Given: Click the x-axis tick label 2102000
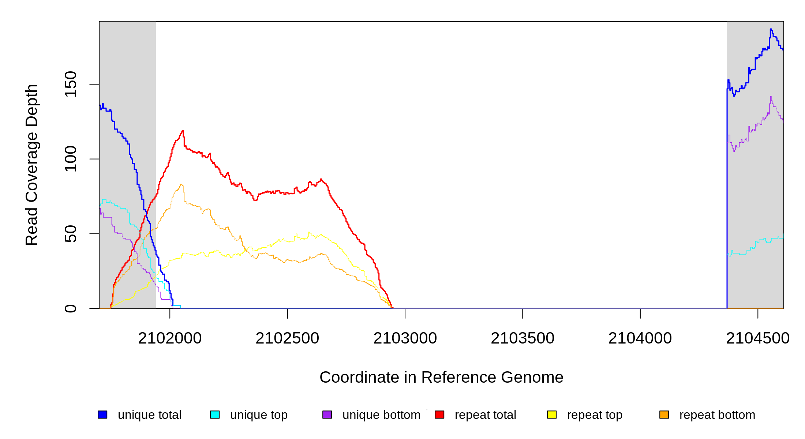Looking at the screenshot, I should tap(170, 338).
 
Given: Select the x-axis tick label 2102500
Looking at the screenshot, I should tap(287, 338).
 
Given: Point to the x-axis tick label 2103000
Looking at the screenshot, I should tap(405, 338).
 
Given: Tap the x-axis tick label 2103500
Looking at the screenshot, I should tap(523, 338).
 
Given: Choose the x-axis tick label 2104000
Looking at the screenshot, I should tap(640, 338).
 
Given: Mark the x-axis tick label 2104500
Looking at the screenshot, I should tap(758, 338).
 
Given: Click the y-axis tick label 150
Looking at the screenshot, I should tap(71, 84).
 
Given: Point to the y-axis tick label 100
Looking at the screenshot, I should tap(71, 159).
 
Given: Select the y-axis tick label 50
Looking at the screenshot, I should tap(71, 234).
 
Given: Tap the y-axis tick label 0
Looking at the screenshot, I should tap(71, 308).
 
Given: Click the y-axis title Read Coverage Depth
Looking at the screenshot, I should tap(32, 165).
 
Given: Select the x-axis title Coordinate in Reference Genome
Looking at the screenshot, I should tap(441, 377).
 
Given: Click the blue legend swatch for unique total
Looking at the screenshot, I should tap(102, 414).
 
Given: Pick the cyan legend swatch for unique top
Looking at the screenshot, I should tap(215, 414).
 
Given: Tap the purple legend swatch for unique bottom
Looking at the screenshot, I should tap(327, 414).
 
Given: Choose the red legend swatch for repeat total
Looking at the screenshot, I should tap(439, 414).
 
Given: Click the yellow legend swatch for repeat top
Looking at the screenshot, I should tap(552, 414).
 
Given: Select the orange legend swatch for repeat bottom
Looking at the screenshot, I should tap(664, 414).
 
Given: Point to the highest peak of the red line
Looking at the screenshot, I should tap(183, 131).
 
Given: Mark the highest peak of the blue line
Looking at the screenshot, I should tap(771, 29).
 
